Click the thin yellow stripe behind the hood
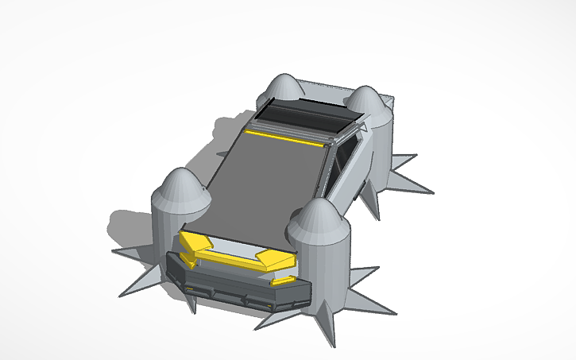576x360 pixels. tap(286, 137)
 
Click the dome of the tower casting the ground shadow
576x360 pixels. tap(180, 191)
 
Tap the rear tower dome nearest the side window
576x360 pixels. tap(366, 101)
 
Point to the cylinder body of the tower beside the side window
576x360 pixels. tap(380, 151)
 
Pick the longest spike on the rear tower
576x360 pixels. tap(413, 186)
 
